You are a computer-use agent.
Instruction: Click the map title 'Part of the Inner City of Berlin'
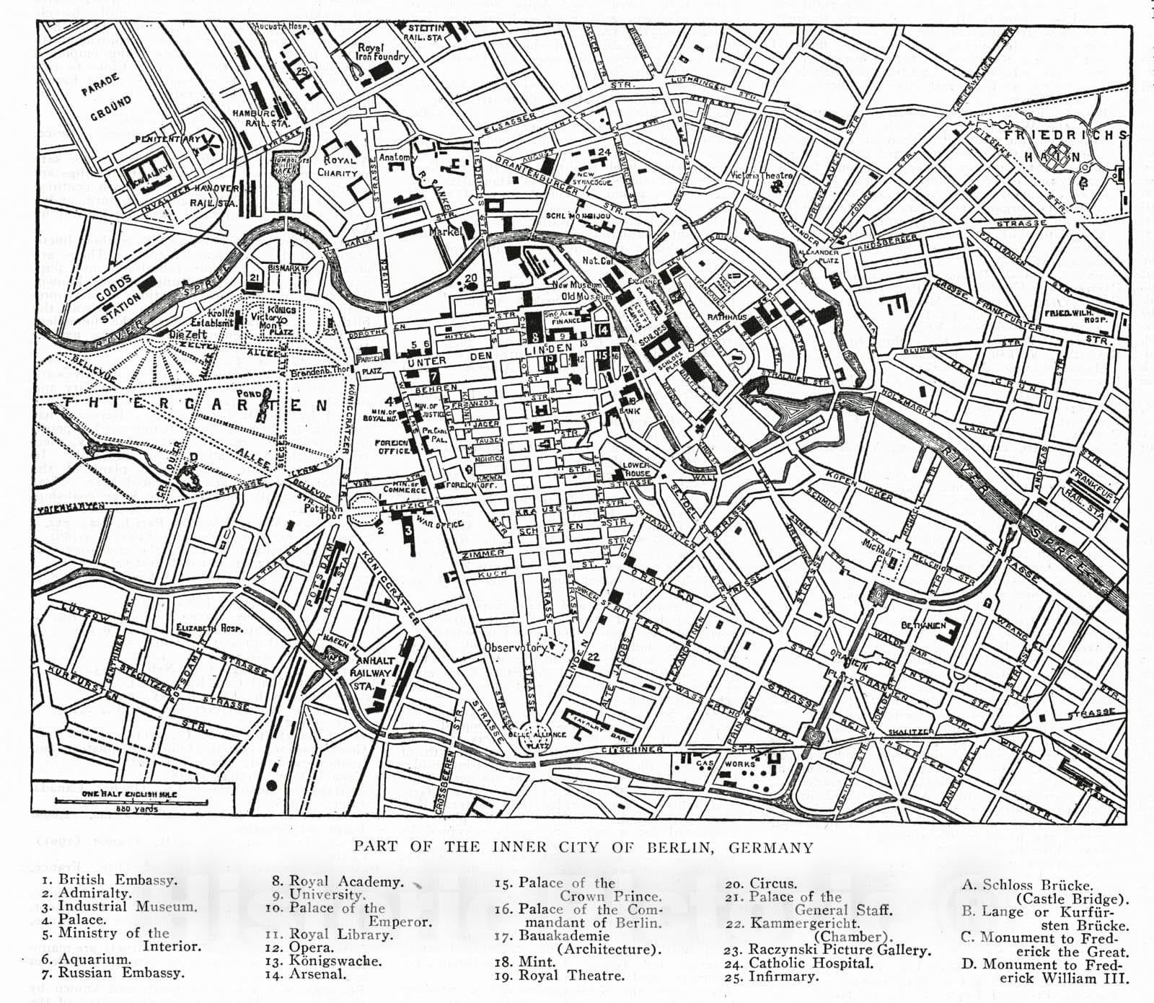(x=583, y=847)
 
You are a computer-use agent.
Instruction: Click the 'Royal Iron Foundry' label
(x=382, y=52)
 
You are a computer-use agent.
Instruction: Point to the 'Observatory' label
(x=516, y=647)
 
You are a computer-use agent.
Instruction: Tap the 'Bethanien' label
(x=924, y=625)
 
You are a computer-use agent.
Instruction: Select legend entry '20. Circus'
(x=761, y=883)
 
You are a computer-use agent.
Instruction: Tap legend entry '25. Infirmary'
(x=772, y=976)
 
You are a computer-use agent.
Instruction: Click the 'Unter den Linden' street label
(x=498, y=353)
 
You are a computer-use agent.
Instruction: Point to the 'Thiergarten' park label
(x=195, y=405)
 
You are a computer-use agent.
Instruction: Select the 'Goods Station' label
(x=119, y=299)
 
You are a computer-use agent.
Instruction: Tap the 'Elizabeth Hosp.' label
(x=209, y=627)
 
